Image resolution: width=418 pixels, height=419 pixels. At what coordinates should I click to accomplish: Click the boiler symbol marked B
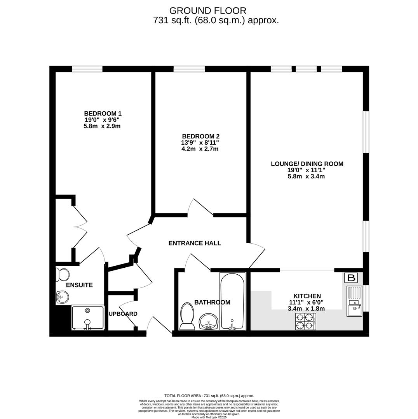point(351,278)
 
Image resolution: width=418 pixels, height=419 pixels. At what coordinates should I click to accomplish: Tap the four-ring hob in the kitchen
point(306,322)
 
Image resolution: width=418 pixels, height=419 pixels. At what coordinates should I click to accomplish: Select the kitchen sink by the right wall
point(354,301)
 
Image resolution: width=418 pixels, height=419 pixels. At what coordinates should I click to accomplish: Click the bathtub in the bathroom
point(232,301)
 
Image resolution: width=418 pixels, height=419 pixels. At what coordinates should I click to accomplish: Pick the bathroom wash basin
point(209,322)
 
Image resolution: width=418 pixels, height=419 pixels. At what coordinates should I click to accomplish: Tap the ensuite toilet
point(63,275)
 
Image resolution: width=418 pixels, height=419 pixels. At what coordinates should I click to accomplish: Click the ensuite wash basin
point(63,297)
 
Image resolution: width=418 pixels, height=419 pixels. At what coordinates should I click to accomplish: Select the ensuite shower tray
point(88,318)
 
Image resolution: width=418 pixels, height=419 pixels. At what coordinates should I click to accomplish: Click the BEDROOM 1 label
point(103,113)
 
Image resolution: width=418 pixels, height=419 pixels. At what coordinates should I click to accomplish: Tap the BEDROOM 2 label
point(201,136)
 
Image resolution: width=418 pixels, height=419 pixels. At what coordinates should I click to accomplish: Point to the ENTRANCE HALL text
point(195,243)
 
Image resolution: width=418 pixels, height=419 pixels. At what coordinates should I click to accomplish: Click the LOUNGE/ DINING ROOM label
point(307,164)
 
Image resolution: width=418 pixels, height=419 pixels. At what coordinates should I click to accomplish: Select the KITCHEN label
point(307,296)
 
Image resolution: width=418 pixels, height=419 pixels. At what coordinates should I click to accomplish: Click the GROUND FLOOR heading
point(208,11)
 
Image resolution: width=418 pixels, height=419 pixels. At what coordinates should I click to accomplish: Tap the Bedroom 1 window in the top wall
point(87,69)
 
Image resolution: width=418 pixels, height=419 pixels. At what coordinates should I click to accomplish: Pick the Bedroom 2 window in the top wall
point(189,69)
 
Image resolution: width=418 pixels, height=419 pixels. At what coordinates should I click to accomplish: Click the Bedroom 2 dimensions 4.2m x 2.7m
point(200,149)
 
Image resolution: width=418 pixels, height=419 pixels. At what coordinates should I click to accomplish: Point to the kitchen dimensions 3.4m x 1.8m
point(306,309)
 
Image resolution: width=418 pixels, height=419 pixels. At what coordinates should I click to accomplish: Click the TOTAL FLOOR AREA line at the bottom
point(209,396)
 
